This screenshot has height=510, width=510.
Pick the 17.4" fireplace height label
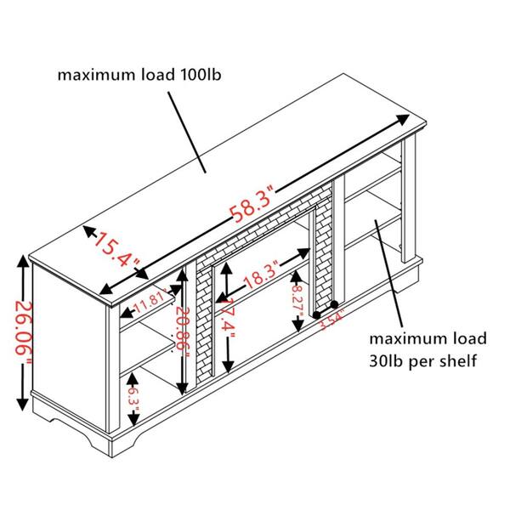click(x=226, y=316)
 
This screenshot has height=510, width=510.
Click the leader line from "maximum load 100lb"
click(x=187, y=127)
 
